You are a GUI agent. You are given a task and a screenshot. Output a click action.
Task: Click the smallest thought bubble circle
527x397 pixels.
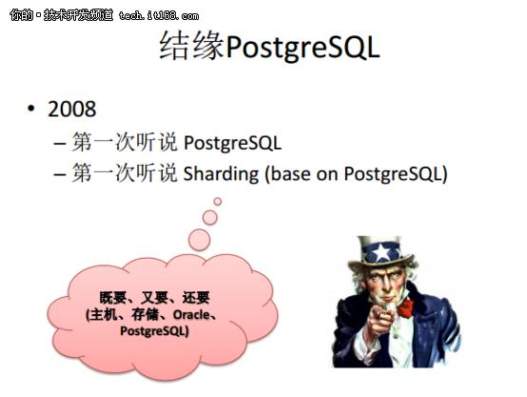[217, 201]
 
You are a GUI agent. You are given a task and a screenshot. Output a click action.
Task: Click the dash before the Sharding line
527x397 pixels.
[59, 174]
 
